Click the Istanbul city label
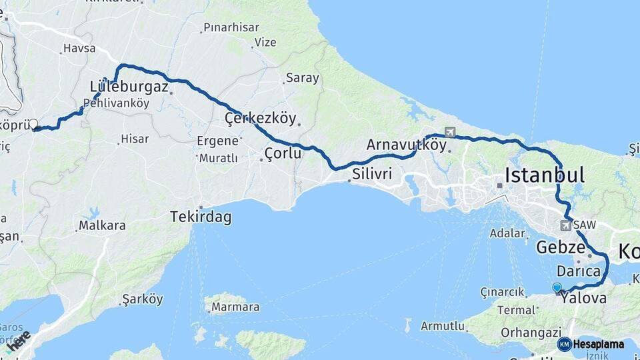[545, 175]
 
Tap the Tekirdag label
[201, 217]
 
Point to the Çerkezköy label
[260, 119]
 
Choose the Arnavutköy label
[406, 145]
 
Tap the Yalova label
[583, 299]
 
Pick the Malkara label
[102, 226]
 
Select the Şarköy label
[143, 299]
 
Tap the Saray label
[302, 78]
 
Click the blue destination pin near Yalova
[557, 288]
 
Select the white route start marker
[33, 124]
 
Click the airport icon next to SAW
[567, 225]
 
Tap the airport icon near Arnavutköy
[450, 132]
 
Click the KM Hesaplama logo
[591, 344]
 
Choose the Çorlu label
[283, 153]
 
